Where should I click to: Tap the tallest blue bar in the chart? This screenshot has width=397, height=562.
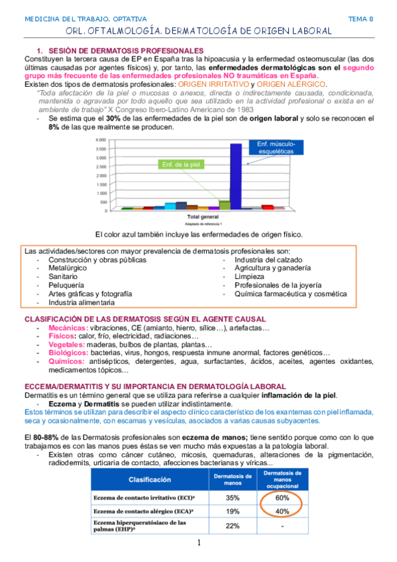click(235, 176)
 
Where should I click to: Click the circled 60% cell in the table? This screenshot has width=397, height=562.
click(282, 496)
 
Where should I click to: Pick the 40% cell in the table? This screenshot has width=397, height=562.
click(282, 511)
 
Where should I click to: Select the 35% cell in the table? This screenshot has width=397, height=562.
click(232, 496)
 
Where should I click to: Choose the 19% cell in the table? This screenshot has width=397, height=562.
click(232, 511)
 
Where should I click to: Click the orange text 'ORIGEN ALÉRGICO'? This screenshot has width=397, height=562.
click(291, 84)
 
